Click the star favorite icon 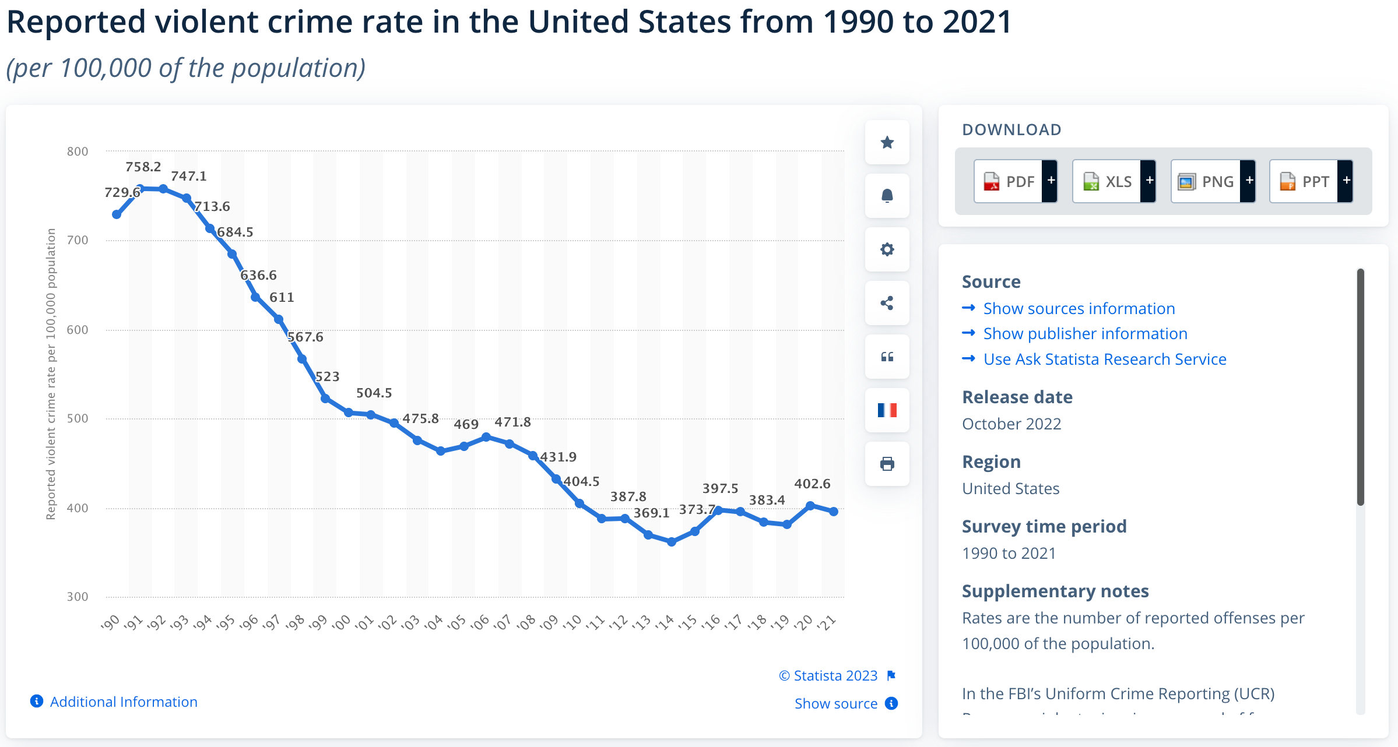[x=887, y=142]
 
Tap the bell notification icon [x=887, y=196]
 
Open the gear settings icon [x=887, y=249]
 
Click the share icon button [x=887, y=303]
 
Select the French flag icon [x=887, y=410]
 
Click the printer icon [x=887, y=464]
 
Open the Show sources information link [x=1079, y=308]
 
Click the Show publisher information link [x=1085, y=333]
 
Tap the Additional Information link [x=123, y=702]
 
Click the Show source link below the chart [x=836, y=703]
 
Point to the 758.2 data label [x=143, y=167]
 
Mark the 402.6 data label [x=812, y=484]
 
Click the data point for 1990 [x=117, y=214]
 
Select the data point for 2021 [x=834, y=511]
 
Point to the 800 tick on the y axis [x=78, y=151]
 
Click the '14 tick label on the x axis [x=665, y=622]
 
